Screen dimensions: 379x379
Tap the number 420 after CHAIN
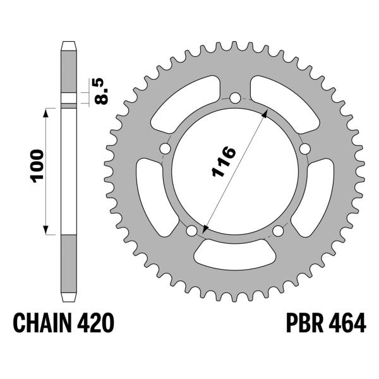(x=96, y=323)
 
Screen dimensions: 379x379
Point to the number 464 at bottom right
(x=345, y=323)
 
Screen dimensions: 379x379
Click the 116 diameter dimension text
(x=224, y=163)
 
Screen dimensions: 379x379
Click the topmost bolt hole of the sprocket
(x=235, y=98)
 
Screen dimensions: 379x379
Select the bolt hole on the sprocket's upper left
(x=165, y=148)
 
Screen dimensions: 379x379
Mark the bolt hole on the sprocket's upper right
(x=304, y=148)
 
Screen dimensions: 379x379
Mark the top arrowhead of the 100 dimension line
(x=45, y=111)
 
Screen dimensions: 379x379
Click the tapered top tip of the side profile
(x=69, y=45)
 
